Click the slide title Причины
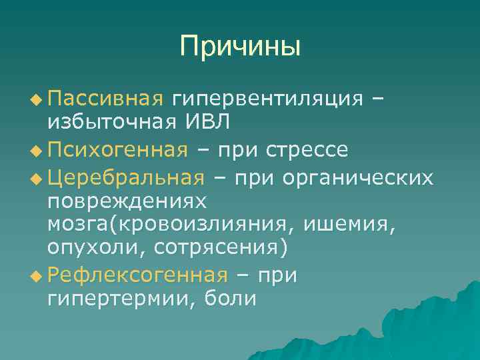(240, 46)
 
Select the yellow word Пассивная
(105, 99)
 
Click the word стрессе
(307, 149)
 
